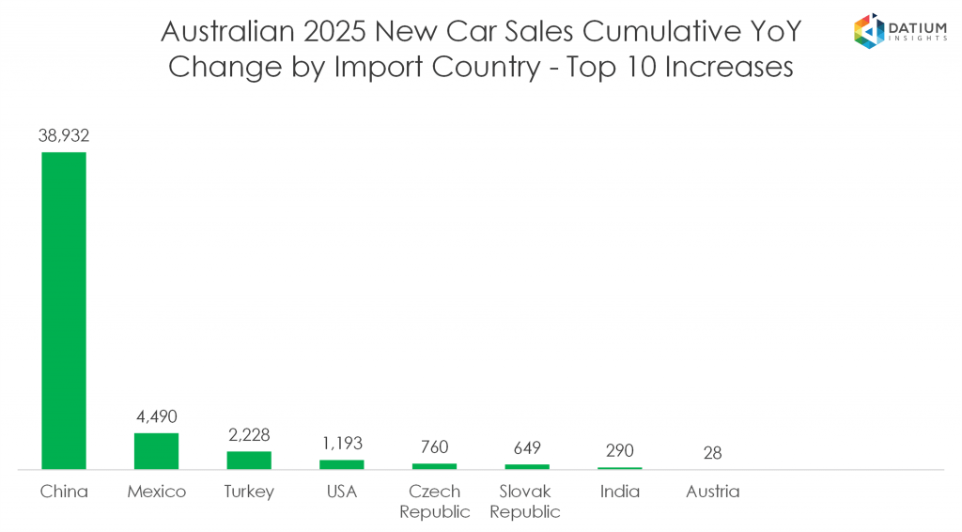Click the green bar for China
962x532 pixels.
(64, 310)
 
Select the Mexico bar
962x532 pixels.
(156, 451)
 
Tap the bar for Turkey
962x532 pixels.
(249, 460)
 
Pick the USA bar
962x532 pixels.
(341, 464)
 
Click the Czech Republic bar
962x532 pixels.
(434, 466)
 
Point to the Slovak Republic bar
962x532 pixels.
(526, 466)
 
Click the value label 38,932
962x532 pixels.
(64, 135)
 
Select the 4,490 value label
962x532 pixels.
(156, 416)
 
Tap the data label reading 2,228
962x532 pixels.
(249, 434)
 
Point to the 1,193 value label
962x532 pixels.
(341, 443)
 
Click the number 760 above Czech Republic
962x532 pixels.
(434, 446)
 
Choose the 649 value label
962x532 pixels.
(526, 447)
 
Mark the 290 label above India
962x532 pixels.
(619, 450)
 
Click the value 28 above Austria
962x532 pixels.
(712, 452)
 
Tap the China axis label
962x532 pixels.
(64, 492)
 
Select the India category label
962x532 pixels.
(619, 492)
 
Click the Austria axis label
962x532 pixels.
(712, 492)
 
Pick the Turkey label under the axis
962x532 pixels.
(249, 492)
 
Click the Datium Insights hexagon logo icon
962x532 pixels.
(868, 29)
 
